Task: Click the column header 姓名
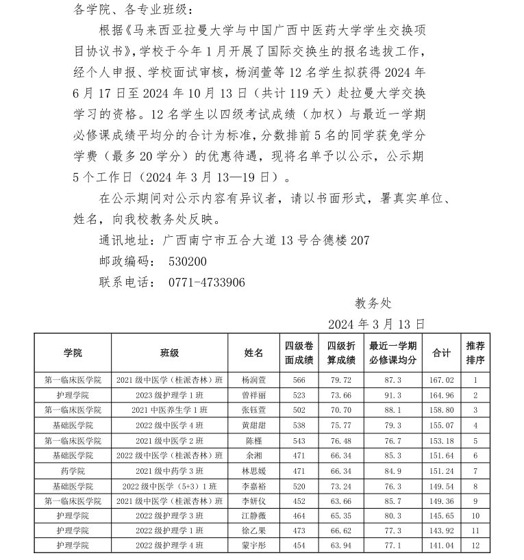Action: tap(254, 353)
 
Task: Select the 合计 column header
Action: tap(441, 353)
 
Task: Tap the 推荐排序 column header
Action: tap(476, 353)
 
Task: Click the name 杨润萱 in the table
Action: tap(254, 380)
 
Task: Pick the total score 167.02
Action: tap(441, 380)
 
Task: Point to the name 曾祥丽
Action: tap(254, 395)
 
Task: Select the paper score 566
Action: tap(299, 380)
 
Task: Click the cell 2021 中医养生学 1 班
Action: tap(170, 410)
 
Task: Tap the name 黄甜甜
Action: tap(254, 425)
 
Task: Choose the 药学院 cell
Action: tap(73, 470)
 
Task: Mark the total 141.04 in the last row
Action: tap(441, 546)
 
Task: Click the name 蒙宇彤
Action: tap(254, 546)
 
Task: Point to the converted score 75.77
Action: tap(341, 425)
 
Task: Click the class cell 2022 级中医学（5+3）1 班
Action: tap(170, 485)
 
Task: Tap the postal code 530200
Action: tap(188, 262)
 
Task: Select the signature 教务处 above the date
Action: tap(373, 303)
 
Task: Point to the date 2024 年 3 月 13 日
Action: tap(377, 323)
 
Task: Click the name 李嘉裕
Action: tap(254, 485)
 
